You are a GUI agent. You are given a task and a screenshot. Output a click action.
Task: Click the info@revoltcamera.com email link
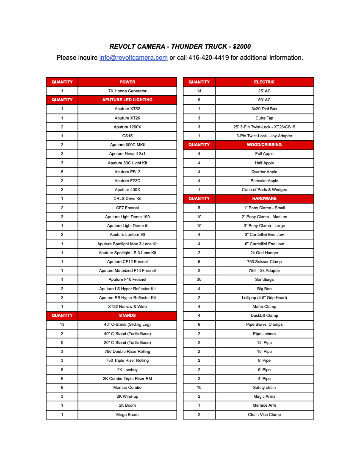point(133,58)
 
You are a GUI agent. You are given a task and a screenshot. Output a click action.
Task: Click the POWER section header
point(127,82)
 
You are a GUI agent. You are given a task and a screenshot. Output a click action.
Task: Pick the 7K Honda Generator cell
point(127,91)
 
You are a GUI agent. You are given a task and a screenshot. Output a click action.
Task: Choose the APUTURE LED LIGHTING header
point(127,100)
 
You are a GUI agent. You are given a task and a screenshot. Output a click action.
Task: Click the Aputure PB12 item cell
point(127,172)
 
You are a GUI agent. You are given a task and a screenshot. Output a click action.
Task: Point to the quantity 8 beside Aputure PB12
point(62,172)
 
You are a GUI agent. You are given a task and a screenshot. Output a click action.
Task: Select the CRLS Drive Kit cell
point(127,199)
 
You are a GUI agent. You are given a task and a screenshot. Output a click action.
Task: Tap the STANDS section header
point(127,316)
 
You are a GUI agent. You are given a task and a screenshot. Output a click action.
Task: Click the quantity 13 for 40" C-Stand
point(62,325)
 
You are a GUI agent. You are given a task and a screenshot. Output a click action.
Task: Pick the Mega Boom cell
point(127,415)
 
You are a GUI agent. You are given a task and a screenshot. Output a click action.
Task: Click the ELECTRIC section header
point(264,82)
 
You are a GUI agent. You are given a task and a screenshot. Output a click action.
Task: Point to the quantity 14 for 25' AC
point(199,91)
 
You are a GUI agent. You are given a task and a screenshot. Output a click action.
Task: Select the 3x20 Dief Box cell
point(264,109)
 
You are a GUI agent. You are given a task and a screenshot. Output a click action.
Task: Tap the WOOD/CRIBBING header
point(264,145)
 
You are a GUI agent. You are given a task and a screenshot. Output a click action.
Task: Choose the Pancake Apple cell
point(264,181)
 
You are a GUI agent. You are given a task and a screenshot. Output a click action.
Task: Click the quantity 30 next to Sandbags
point(199,280)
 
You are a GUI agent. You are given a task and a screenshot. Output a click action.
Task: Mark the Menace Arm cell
point(264,405)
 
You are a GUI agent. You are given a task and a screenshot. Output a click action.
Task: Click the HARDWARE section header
point(264,199)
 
